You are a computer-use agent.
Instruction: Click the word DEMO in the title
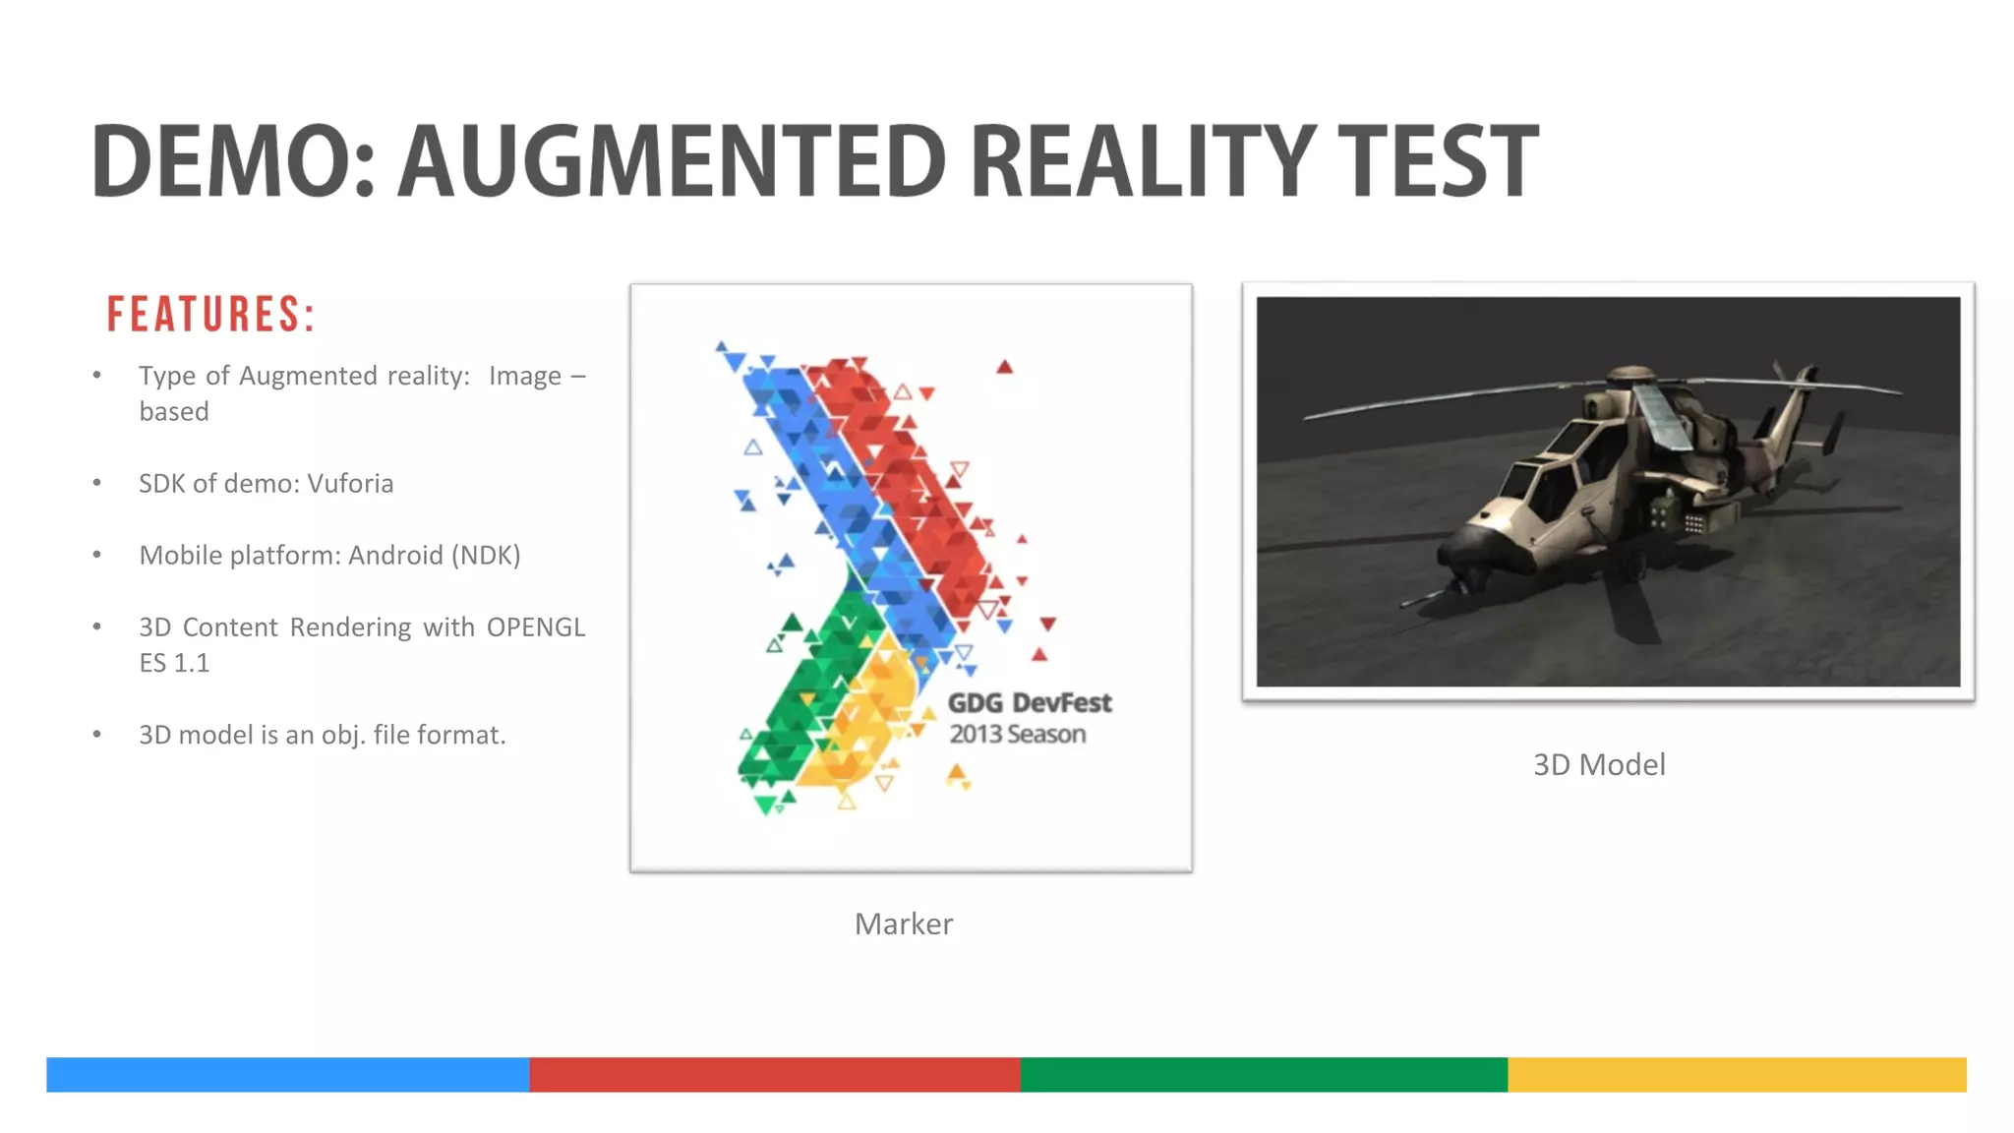click(221, 160)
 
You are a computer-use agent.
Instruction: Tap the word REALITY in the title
click(1141, 160)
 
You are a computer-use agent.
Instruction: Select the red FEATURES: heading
click(210, 315)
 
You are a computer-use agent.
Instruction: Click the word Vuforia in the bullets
click(350, 484)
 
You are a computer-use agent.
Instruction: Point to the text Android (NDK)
click(434, 556)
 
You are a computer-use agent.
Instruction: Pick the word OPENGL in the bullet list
click(536, 627)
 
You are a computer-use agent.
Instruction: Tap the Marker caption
click(903, 924)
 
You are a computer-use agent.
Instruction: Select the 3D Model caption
click(1599, 765)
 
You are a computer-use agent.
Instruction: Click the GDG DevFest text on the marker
click(1029, 703)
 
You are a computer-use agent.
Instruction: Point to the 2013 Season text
click(1017, 735)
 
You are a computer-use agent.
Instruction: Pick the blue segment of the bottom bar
click(287, 1075)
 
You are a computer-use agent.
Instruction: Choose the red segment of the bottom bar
click(774, 1075)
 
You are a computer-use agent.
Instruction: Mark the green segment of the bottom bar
click(1264, 1075)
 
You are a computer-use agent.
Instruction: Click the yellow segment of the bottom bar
click(1737, 1075)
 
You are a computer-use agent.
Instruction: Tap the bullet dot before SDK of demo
click(97, 483)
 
